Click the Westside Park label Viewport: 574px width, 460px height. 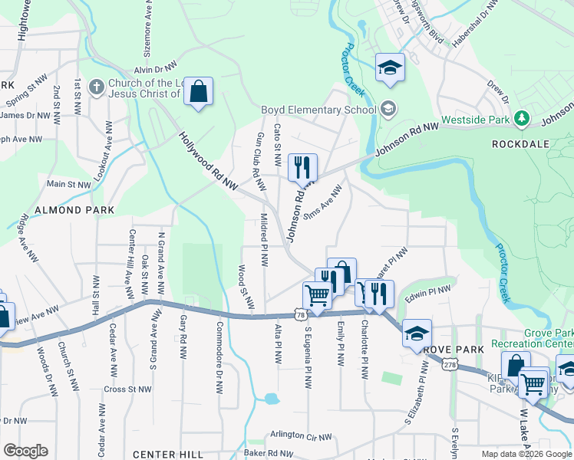coord(477,119)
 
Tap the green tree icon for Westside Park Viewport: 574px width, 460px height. coord(522,118)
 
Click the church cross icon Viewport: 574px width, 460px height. coord(96,87)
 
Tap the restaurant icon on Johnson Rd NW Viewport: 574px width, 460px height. coord(302,167)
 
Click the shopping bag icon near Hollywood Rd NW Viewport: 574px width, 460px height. coord(198,92)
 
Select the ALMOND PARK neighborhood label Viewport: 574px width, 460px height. coord(74,209)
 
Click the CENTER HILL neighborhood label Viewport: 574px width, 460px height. coord(168,455)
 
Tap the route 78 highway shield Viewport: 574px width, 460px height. coord(299,314)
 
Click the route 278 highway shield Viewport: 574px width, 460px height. coord(449,367)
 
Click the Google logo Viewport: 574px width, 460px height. coord(26,450)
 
